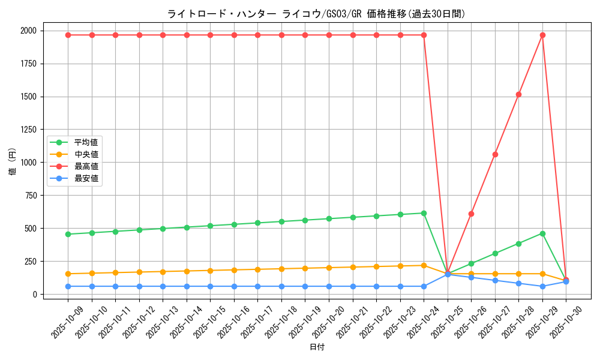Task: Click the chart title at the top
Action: tap(316, 14)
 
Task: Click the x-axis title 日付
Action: tap(317, 347)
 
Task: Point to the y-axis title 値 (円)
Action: tap(13, 162)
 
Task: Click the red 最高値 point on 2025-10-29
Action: tap(542, 35)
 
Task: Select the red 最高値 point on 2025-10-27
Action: tap(495, 154)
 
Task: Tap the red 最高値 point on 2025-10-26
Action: tap(471, 214)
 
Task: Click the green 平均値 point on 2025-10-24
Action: tap(424, 213)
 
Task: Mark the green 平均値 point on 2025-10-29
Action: tap(542, 233)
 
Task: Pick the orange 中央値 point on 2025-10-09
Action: tap(68, 274)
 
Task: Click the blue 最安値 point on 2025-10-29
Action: tap(542, 286)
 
